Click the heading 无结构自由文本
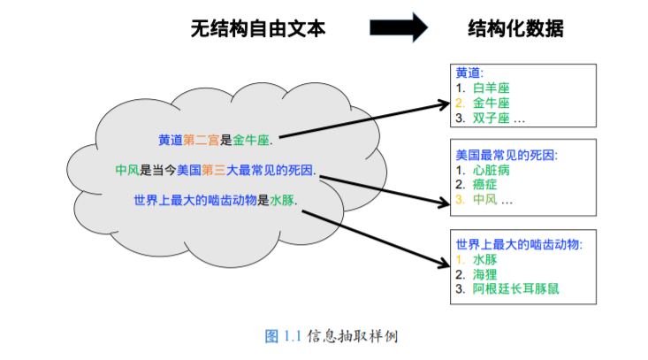258,28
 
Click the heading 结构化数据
515,28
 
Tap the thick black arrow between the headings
399,27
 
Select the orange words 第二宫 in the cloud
201,140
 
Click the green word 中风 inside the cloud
127,170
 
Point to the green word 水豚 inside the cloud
282,201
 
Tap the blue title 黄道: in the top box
469,73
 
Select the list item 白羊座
491,88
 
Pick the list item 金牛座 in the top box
491,103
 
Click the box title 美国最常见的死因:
507,155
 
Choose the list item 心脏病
491,171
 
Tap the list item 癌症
484,185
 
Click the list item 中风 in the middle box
484,200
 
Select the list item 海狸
484,274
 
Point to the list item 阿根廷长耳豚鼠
515,289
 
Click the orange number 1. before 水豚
461,259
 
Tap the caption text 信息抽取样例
353,336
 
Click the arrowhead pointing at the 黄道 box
445,103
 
